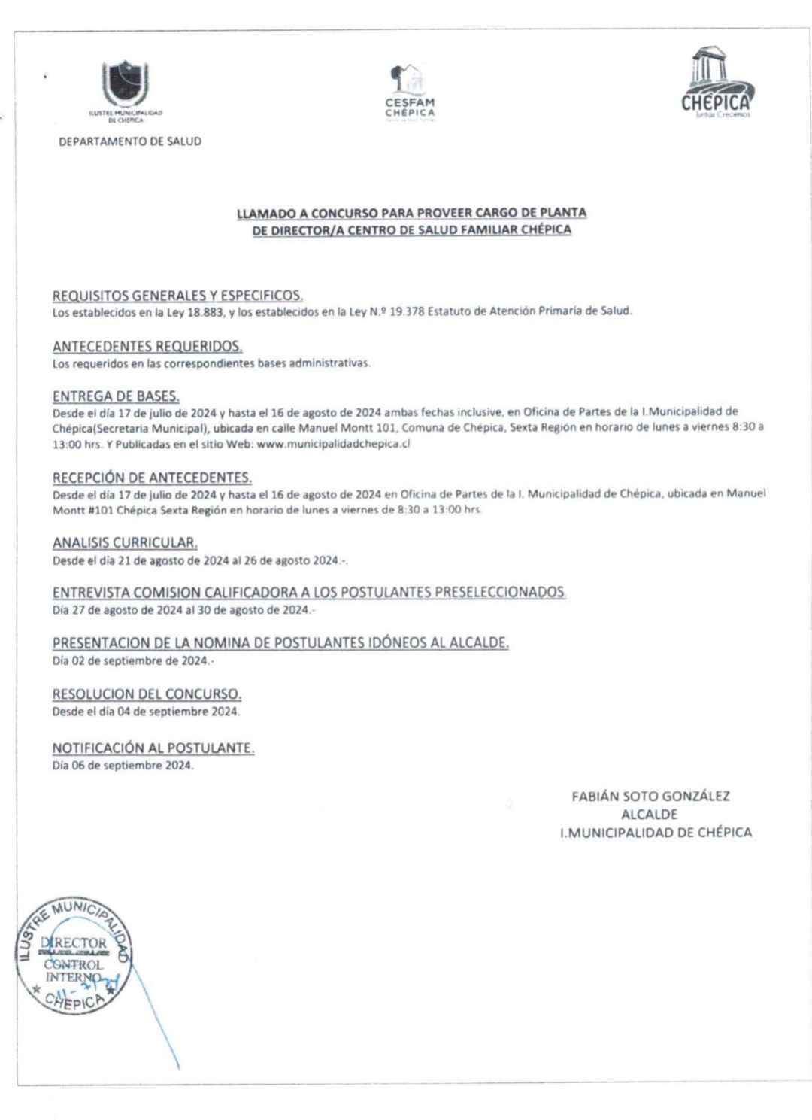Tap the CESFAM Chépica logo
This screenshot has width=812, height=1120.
(x=410, y=92)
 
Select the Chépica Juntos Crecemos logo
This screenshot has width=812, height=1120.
(x=716, y=83)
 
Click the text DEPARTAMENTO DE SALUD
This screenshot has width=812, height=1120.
(x=130, y=141)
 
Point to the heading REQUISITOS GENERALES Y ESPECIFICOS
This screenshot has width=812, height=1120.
(x=177, y=296)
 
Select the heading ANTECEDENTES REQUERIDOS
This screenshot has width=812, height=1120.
(x=147, y=347)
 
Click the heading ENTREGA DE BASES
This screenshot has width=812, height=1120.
(x=116, y=396)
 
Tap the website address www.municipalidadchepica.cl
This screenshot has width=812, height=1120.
(x=333, y=444)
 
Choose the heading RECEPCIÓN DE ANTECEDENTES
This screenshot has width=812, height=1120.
(x=152, y=478)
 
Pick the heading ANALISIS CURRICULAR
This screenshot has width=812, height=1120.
(x=125, y=542)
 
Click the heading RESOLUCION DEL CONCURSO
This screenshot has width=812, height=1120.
(x=147, y=694)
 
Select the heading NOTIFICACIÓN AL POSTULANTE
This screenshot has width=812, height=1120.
(x=153, y=748)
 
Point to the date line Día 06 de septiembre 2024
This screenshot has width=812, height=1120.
(x=123, y=766)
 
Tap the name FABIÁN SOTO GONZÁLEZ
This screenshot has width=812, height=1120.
(x=650, y=796)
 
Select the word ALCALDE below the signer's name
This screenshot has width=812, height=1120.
(x=649, y=814)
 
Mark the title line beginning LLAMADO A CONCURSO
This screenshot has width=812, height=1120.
(x=411, y=213)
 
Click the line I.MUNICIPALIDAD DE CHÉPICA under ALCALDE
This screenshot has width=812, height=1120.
(x=655, y=833)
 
